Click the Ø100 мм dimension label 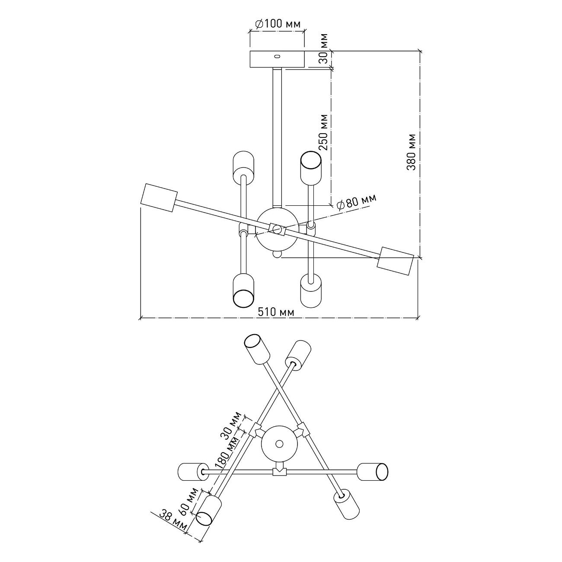point(278,24)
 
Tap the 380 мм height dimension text point(412,152)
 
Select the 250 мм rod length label point(323,132)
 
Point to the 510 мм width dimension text point(276,312)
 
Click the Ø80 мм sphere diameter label point(356,201)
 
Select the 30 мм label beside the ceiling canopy point(323,49)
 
